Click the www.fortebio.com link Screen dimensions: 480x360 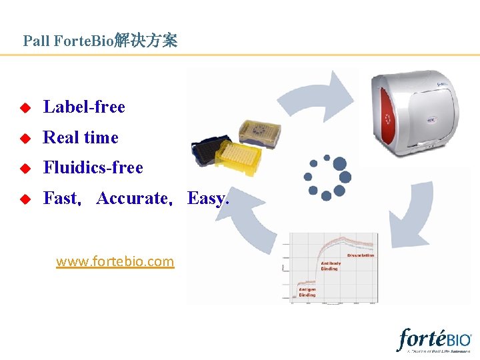(115, 261)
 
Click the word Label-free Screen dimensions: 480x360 (84, 107)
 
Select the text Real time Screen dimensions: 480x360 (81, 137)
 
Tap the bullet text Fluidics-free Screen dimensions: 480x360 (93, 167)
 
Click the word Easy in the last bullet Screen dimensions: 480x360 (208, 198)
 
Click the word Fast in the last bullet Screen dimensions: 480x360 (61, 198)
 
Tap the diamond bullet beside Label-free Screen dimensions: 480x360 (25, 107)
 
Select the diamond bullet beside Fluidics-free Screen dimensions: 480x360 (25, 168)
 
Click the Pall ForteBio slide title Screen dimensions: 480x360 (100, 41)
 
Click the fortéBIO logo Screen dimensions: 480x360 (434, 340)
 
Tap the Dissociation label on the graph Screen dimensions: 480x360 (361, 255)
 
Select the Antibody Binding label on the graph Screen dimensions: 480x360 (331, 265)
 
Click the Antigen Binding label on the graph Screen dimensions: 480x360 (307, 292)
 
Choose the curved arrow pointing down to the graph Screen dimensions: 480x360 (408, 213)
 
